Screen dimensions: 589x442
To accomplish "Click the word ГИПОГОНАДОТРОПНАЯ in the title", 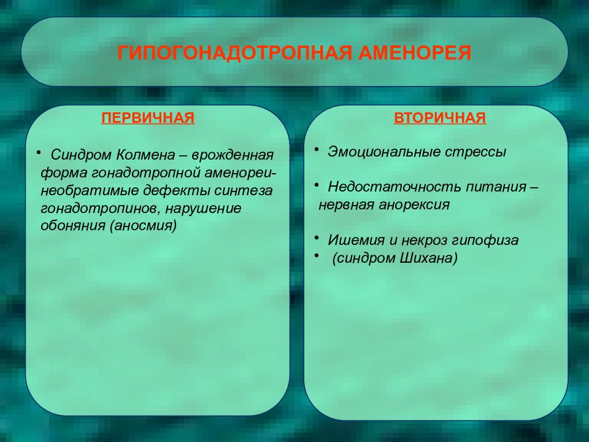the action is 235,53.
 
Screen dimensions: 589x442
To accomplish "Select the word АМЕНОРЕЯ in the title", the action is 414,53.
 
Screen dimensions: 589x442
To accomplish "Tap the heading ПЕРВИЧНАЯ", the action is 148,118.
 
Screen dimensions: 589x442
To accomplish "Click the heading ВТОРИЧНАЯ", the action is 440,118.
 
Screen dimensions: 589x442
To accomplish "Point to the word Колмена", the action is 146,155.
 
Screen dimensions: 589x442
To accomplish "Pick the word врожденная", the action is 233,155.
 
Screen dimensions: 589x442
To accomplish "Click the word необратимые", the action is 90,190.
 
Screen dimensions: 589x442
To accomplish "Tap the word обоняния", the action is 73,225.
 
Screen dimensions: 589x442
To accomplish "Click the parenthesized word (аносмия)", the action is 143,226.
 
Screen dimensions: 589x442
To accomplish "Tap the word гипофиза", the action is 485,241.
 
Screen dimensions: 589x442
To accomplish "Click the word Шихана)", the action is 428,258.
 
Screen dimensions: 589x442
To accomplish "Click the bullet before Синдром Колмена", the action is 38,152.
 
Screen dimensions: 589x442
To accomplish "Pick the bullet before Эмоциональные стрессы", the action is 317,149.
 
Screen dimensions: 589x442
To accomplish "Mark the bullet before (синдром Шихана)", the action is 317,255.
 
